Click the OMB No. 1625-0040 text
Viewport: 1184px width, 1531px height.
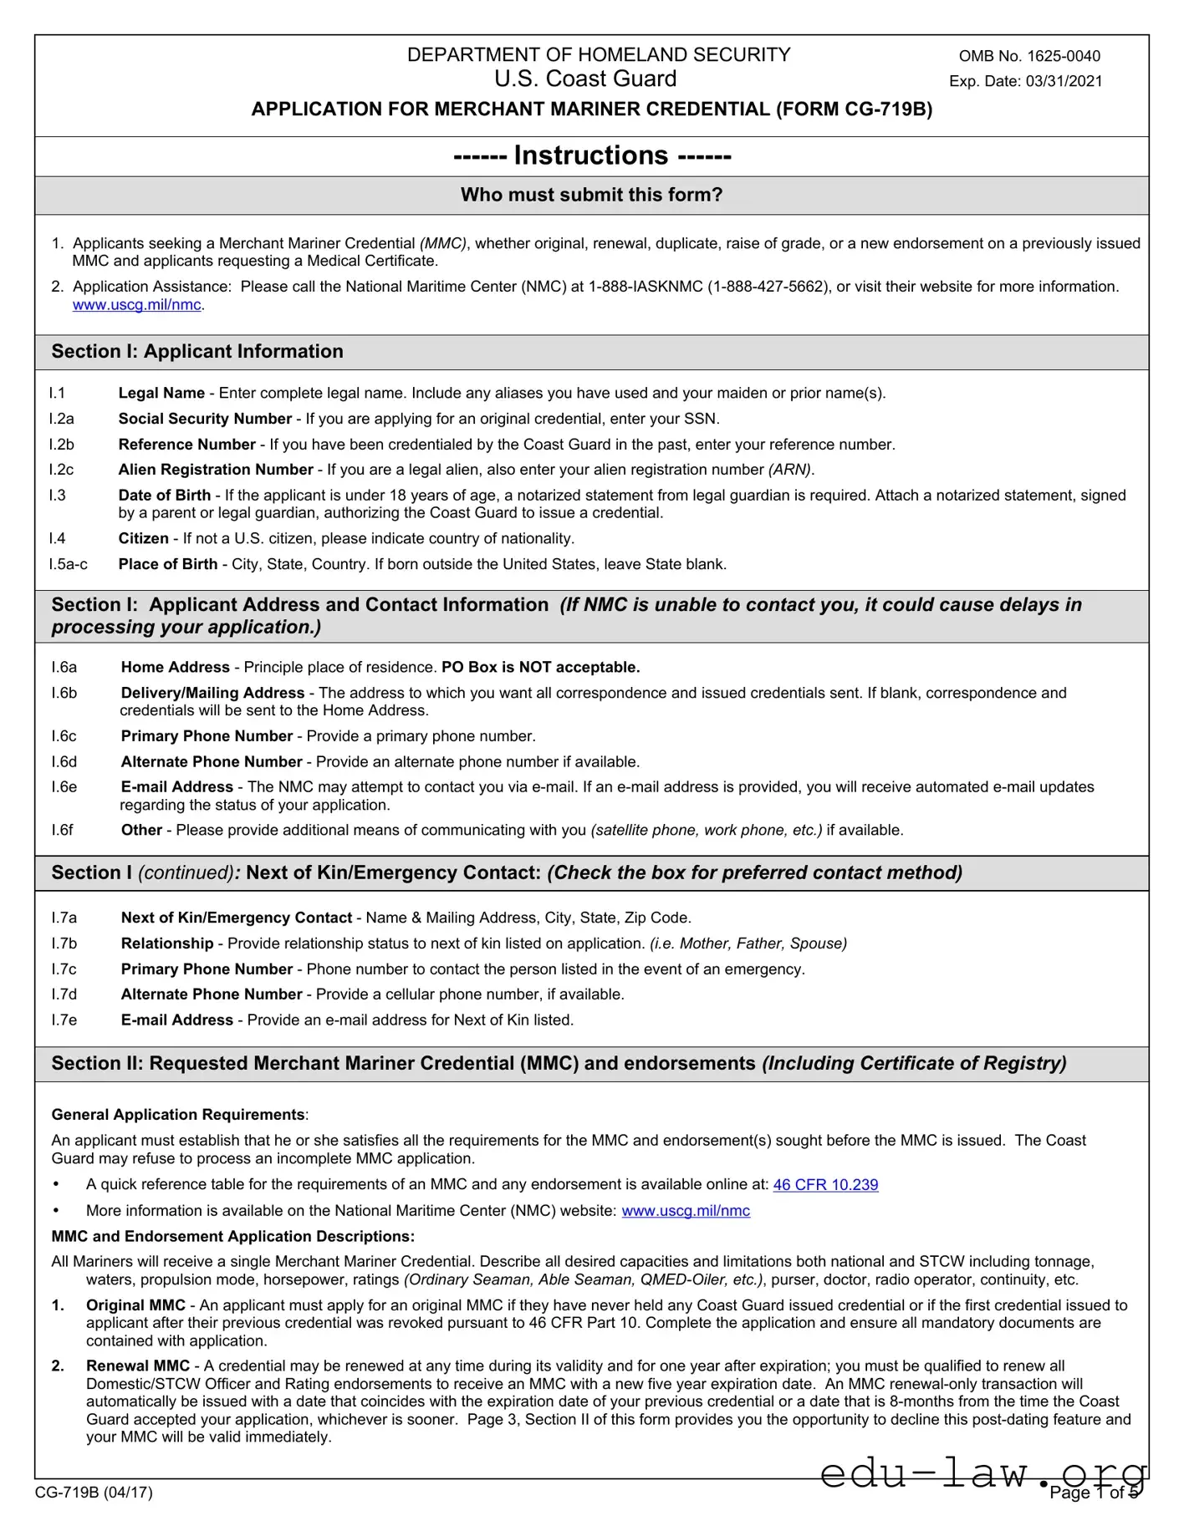1029,56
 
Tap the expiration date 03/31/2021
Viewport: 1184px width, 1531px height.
1064,81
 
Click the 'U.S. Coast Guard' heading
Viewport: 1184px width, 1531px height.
585,79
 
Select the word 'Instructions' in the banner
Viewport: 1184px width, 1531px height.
591,155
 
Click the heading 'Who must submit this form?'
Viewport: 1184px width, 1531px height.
591,195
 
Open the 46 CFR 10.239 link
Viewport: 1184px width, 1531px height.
825,1184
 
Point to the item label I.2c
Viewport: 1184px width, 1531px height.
61,470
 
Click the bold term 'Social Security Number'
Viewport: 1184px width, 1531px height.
205,419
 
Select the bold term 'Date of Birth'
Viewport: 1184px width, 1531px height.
165,495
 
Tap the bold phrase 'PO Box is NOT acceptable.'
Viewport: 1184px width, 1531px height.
540,667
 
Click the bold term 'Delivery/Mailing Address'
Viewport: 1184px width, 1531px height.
212,693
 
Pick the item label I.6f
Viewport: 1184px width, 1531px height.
62,830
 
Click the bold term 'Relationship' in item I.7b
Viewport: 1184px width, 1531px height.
167,943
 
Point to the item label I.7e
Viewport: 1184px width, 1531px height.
64,1020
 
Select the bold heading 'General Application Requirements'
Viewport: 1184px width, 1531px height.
178,1114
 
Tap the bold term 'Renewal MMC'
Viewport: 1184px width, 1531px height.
138,1366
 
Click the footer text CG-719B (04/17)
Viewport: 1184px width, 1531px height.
94,1492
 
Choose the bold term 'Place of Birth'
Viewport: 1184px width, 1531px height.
168,564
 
